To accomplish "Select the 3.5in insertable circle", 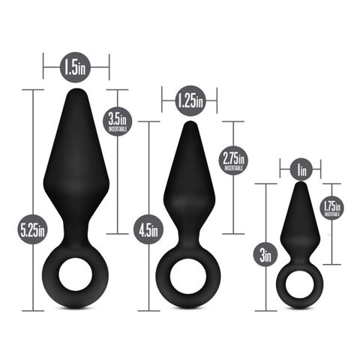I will (x=117, y=121).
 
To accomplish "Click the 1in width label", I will (x=301, y=169).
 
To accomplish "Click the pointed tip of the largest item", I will (x=75, y=92).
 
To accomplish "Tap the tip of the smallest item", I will (x=300, y=184).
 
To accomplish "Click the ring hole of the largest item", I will (x=75, y=277).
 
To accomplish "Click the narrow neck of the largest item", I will (x=75, y=229).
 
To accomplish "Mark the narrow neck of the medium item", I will (x=189, y=234).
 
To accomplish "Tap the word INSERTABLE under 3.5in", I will (x=117, y=130).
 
